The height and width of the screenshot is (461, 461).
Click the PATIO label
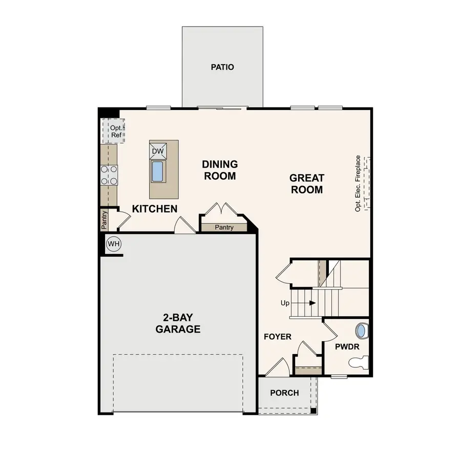[222, 67]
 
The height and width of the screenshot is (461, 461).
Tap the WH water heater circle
[113, 244]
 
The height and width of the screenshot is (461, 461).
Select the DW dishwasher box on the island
[158, 151]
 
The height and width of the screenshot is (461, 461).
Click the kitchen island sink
[158, 171]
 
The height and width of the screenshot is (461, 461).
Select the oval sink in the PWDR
[362, 330]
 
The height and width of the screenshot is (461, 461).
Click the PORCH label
[284, 393]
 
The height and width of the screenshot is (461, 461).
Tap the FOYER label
[278, 337]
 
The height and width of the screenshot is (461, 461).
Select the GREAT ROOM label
[307, 184]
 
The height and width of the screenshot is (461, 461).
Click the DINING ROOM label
[219, 170]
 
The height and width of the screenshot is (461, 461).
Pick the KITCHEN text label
[155, 209]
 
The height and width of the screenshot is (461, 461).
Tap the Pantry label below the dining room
[224, 227]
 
